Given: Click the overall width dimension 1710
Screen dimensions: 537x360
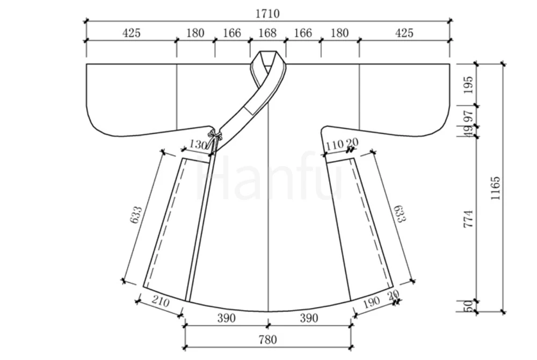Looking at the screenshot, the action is [267, 13].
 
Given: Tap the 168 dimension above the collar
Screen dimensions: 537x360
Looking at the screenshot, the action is [267, 33].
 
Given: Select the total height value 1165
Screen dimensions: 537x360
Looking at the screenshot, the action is [495, 188].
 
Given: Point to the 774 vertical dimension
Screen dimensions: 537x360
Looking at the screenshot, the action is [468, 219].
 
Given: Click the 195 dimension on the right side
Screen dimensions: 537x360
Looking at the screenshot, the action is [468, 85].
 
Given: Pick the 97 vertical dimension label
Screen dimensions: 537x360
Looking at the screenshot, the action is [468, 117].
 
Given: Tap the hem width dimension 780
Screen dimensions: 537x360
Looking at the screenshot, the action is [267, 340].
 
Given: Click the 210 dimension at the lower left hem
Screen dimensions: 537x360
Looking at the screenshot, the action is [160, 302].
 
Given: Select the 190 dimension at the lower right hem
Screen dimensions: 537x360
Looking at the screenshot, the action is [371, 302].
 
